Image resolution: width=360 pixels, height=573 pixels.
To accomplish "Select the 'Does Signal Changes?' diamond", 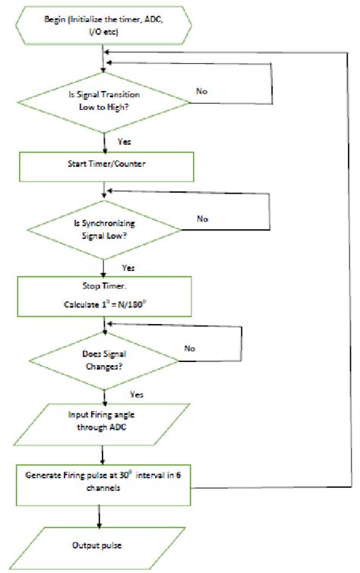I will point(103,359).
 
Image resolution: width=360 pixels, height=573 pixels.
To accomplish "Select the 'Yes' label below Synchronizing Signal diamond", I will point(129,269).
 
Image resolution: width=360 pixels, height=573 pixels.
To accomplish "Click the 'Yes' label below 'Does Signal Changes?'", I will point(137,395).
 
